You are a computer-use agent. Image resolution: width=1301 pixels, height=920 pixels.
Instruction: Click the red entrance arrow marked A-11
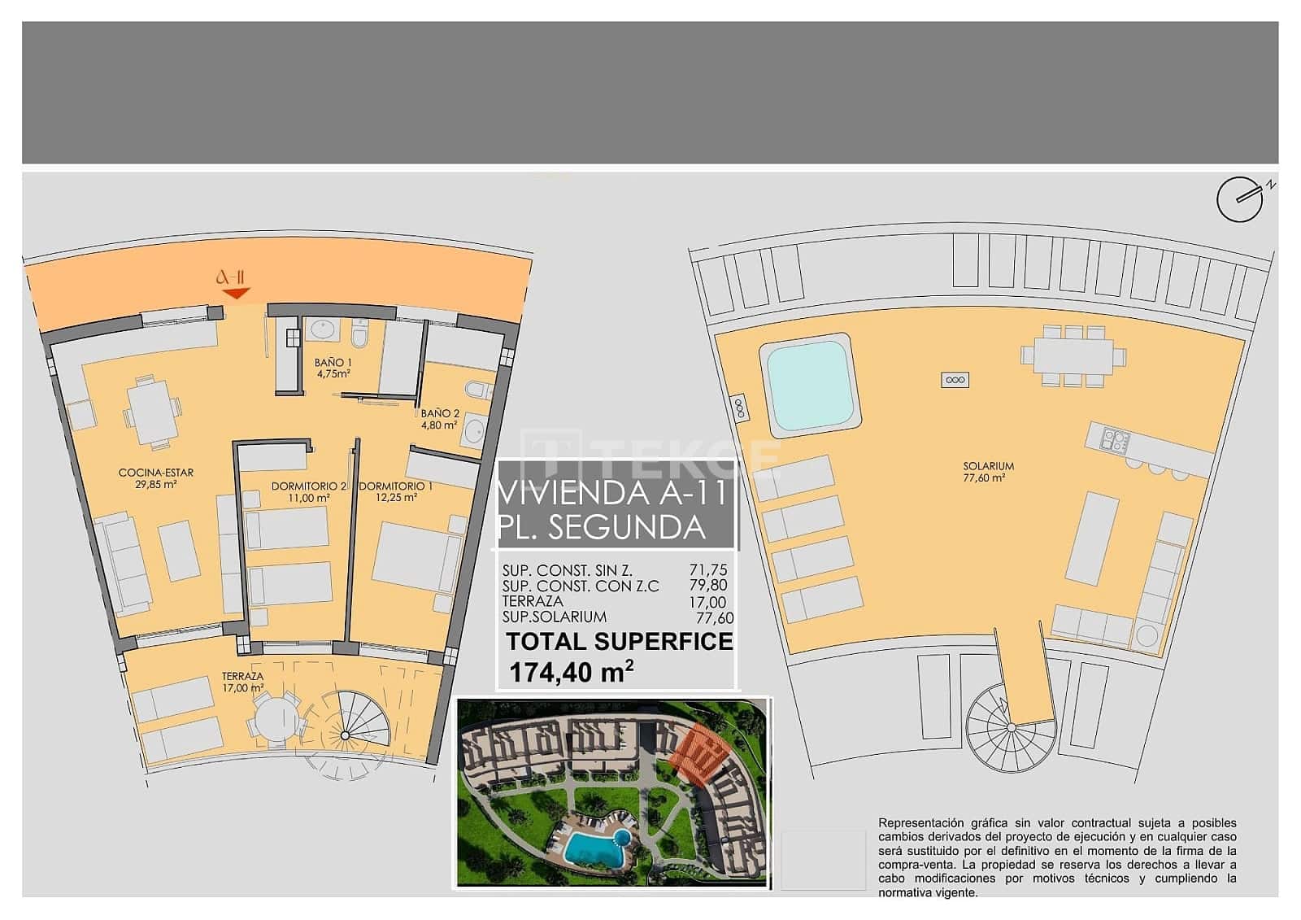click(236, 293)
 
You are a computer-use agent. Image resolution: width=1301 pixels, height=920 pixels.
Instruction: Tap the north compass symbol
click(1239, 199)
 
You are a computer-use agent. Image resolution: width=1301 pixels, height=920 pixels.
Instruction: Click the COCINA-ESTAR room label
click(156, 478)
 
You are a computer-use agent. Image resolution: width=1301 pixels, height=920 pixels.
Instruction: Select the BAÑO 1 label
click(333, 368)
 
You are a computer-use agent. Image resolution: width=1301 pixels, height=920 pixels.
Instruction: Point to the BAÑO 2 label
click(440, 419)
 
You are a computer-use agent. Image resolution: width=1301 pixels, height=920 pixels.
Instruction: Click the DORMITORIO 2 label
click(310, 492)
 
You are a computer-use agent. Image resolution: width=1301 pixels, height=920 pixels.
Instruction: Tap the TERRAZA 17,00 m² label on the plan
click(243, 682)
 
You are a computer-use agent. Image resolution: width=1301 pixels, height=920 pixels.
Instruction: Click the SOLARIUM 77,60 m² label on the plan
click(989, 472)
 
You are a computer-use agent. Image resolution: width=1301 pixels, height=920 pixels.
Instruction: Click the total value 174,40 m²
click(572, 672)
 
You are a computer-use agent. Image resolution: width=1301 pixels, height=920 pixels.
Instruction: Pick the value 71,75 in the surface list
click(707, 571)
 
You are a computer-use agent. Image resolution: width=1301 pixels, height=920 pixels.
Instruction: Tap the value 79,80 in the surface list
click(707, 586)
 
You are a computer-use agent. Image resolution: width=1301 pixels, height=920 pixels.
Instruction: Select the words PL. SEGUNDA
click(602, 528)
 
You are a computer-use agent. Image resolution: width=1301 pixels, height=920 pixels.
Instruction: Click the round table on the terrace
click(276, 721)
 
